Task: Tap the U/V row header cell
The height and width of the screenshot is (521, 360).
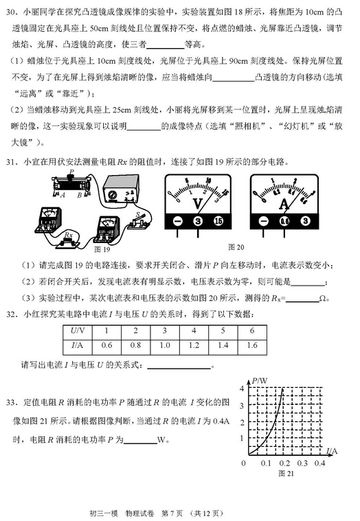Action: [77, 331]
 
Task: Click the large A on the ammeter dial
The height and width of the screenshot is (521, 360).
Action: [284, 204]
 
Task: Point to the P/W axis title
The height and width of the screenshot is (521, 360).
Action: [259, 380]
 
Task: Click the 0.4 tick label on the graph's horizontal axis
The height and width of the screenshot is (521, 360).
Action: [319, 464]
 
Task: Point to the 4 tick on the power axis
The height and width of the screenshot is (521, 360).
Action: [242, 389]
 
